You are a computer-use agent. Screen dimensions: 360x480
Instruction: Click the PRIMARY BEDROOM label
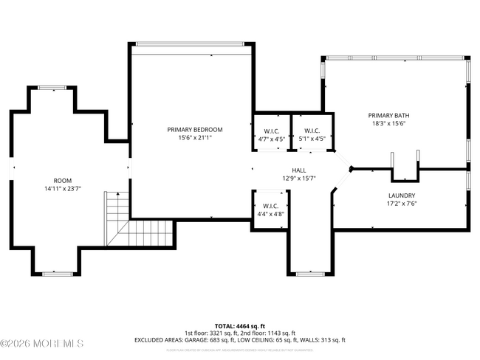pos(194,129)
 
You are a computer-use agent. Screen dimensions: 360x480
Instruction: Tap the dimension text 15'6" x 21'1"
pos(194,137)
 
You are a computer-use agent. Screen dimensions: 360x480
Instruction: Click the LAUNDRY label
pos(401,195)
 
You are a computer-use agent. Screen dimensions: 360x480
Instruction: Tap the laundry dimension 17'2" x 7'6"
pos(401,204)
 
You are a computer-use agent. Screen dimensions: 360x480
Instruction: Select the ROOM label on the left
pos(62,180)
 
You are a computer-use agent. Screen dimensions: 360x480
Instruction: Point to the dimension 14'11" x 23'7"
pos(62,188)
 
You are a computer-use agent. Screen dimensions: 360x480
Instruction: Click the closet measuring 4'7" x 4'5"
pos(271,134)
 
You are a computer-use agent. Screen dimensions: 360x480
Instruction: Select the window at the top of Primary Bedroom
pos(191,44)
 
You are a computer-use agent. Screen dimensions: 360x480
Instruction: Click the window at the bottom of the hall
pos(309,274)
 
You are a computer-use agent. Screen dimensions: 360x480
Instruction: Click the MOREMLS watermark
pos(42,344)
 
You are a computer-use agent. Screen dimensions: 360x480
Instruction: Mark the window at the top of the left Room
pos(52,88)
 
